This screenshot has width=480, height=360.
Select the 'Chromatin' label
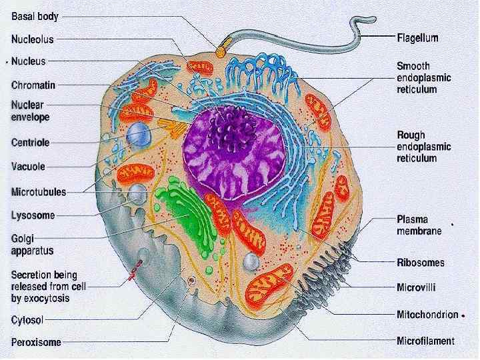(x=33, y=85)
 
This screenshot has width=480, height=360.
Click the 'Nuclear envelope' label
(x=30, y=111)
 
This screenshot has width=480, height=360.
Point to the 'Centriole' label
(x=31, y=142)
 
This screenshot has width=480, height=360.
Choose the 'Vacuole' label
(x=29, y=167)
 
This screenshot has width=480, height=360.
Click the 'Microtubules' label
(x=39, y=192)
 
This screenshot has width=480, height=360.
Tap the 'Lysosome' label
(x=33, y=215)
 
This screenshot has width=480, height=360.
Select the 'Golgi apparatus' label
(x=31, y=245)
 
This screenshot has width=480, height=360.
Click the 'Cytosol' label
(x=27, y=320)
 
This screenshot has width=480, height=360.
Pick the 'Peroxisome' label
(x=36, y=343)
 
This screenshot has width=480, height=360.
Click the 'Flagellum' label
(x=417, y=38)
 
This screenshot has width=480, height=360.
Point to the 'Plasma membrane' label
(x=419, y=225)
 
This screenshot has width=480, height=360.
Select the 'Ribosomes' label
(x=420, y=263)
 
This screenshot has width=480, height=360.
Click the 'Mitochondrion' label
(x=427, y=315)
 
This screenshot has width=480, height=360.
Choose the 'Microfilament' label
(x=425, y=342)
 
